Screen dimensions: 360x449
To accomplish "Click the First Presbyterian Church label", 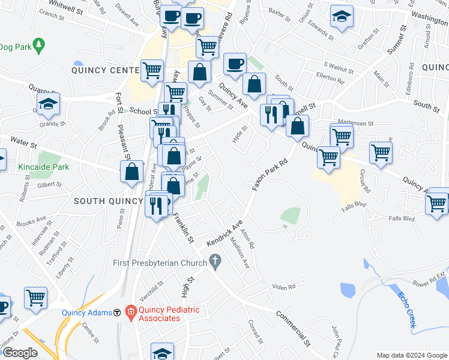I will pyautogui.click(x=158, y=262).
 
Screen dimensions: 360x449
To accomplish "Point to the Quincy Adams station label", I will pyautogui.click(x=87, y=313).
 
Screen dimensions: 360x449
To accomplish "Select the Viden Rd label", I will pyautogui.click(x=284, y=287).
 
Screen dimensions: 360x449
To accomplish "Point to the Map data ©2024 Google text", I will pyautogui.click(x=411, y=355).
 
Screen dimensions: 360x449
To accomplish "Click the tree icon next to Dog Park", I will pyautogui.click(x=39, y=45).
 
